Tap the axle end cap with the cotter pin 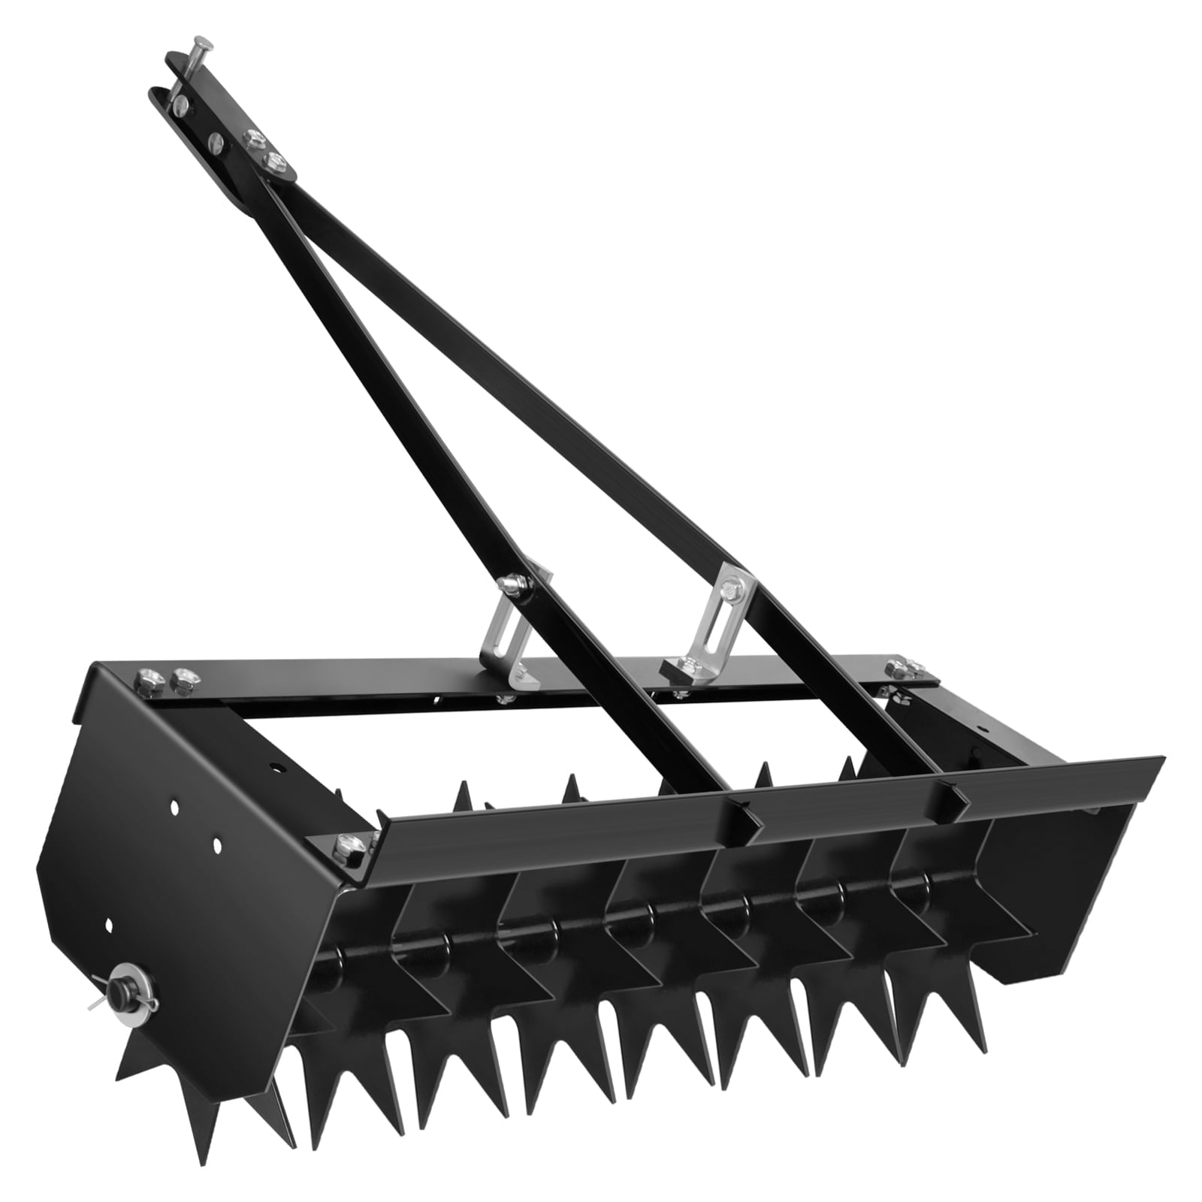(x=120, y=989)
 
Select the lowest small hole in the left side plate (x=110, y=924)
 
